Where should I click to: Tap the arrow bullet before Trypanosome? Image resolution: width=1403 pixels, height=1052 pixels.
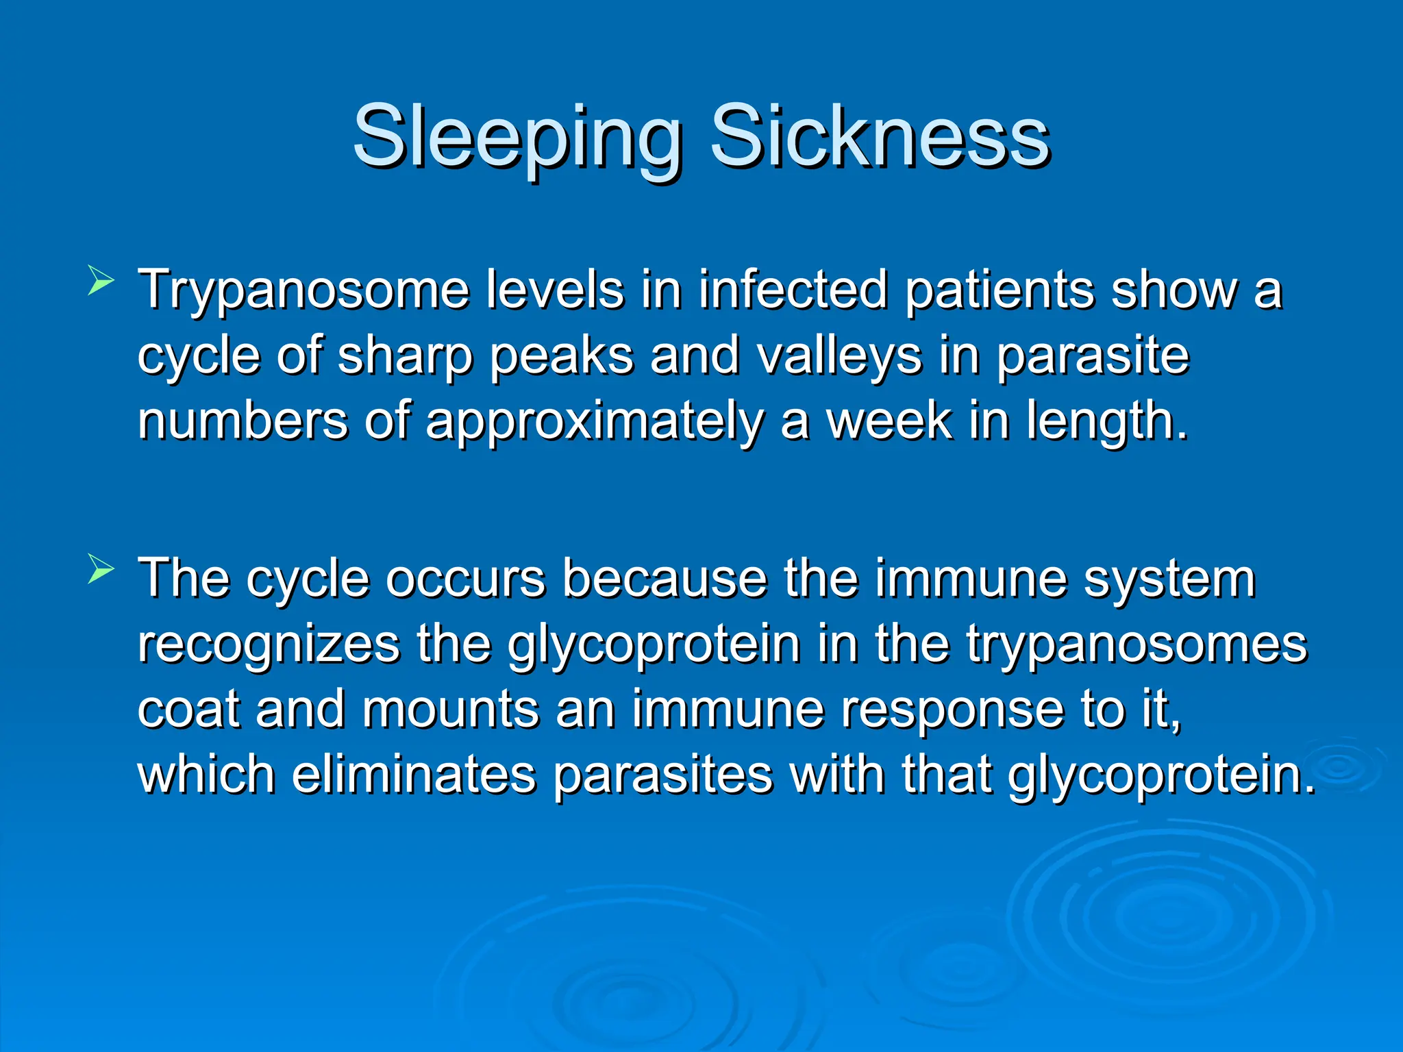(x=100, y=282)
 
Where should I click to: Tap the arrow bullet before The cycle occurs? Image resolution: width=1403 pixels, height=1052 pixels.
(x=100, y=570)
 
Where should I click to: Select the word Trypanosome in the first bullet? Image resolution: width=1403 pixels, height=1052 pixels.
(x=303, y=291)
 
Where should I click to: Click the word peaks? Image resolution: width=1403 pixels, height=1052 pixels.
(x=562, y=356)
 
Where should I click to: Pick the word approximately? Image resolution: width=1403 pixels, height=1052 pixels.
(x=594, y=422)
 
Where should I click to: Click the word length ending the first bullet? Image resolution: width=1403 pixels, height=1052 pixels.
(x=1106, y=422)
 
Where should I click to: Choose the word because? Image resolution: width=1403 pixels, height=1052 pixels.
(x=664, y=578)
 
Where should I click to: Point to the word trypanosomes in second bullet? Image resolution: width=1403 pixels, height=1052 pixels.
(x=1137, y=645)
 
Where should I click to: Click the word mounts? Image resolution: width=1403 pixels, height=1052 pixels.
(x=450, y=710)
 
